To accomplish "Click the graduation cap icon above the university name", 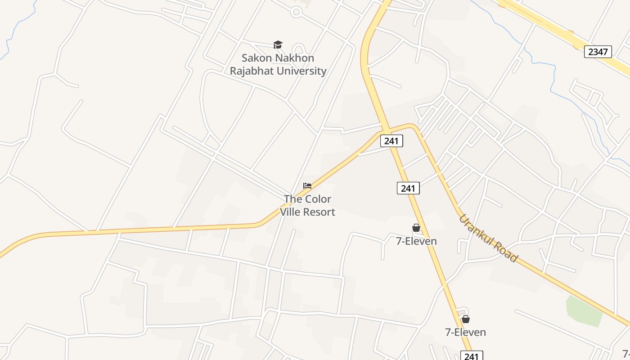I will click(278, 45).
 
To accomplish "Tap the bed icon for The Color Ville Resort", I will click(307, 185).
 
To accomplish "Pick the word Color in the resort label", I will click(319, 199).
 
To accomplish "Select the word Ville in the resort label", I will click(290, 212).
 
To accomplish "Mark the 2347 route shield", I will click(598, 52).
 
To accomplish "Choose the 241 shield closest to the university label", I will click(391, 141).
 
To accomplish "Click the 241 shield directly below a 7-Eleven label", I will click(471, 356).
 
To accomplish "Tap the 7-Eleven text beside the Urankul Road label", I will click(416, 241).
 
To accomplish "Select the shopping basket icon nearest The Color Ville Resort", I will click(416, 228).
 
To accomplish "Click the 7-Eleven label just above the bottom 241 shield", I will click(465, 333).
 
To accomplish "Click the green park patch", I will click(584, 310).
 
